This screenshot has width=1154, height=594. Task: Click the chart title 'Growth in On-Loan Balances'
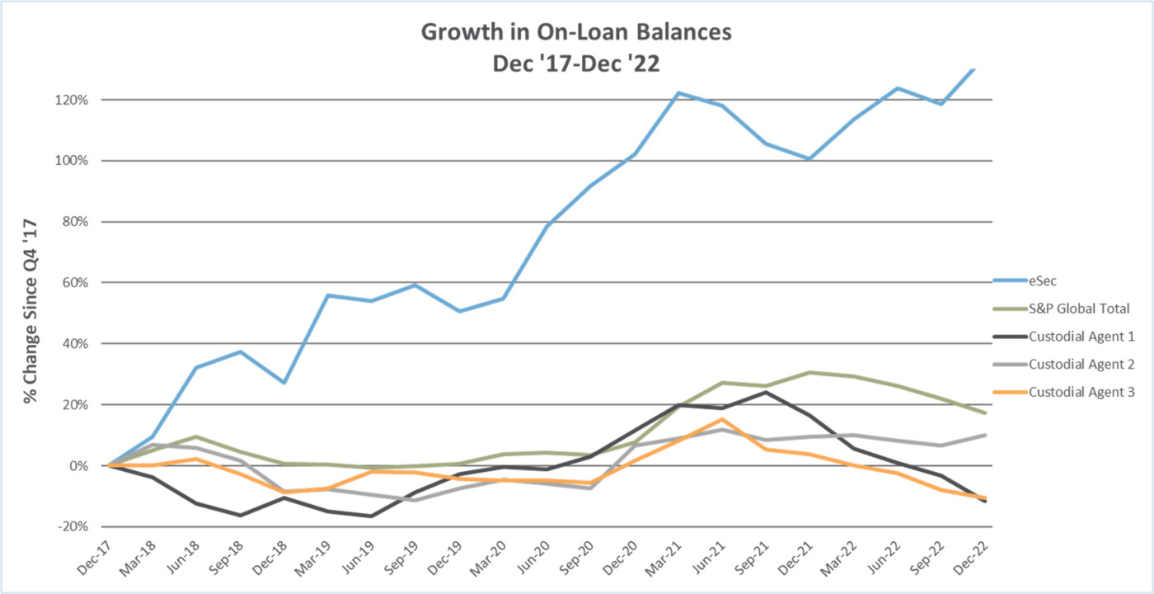(576, 33)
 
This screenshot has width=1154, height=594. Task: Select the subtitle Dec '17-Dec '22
(576, 64)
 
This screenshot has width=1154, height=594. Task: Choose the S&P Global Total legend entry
(1078, 309)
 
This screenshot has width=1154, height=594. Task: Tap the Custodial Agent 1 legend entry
(1081, 336)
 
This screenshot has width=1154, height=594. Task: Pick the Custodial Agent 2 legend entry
(1081, 364)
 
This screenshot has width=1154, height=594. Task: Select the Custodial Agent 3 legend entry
(1081, 392)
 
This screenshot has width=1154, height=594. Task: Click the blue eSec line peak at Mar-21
(678, 93)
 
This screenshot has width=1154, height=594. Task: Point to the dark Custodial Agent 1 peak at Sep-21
(766, 392)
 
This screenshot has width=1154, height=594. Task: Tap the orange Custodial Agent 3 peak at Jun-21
(722, 419)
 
